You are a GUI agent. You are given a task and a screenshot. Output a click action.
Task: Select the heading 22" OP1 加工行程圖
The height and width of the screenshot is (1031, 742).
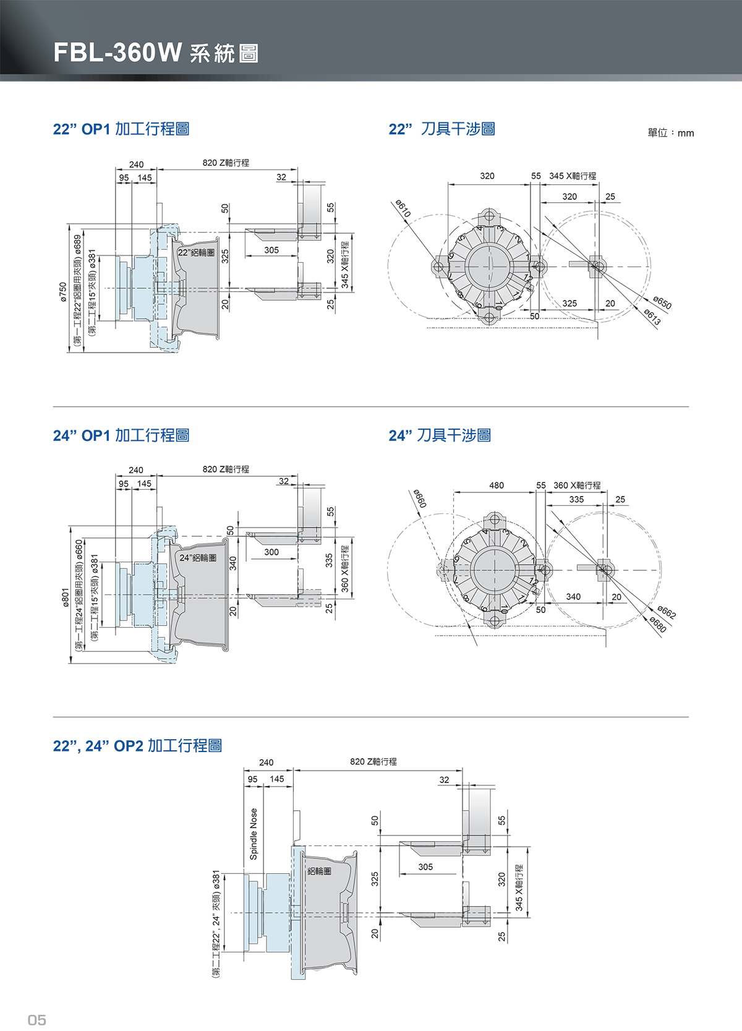121,129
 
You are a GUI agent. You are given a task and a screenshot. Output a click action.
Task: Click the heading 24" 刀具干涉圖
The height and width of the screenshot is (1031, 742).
440,435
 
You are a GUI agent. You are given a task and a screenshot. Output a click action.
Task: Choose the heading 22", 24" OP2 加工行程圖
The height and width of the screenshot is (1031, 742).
137,746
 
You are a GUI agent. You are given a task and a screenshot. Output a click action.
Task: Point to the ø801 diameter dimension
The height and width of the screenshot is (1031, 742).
66,597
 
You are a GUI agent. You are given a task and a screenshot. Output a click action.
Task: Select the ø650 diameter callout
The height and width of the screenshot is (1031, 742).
662,303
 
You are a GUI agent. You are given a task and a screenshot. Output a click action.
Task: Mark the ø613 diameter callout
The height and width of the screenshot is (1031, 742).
652,317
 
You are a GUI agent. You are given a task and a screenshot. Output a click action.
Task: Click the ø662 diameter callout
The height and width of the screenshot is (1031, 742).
667,612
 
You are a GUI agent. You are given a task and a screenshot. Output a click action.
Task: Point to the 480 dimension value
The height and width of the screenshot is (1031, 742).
497,486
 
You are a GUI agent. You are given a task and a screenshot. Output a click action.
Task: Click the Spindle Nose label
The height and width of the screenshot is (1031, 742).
254,834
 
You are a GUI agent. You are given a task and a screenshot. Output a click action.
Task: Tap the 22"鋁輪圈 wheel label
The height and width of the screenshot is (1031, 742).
196,252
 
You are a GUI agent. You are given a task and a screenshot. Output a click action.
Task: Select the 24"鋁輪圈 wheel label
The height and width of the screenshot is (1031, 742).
198,558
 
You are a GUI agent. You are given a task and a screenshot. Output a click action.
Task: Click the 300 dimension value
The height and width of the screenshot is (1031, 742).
271,552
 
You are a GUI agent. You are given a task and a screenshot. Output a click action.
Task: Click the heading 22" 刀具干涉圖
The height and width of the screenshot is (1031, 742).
441,129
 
